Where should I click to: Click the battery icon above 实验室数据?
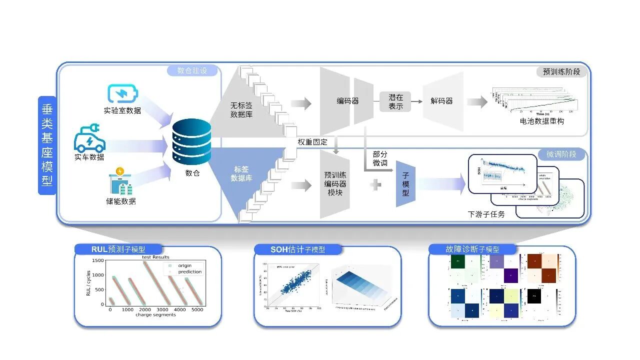pyautogui.click(x=122, y=94)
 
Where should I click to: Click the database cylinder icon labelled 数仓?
pyautogui.click(x=191, y=142)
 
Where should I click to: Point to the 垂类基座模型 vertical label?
pyautogui.click(x=47, y=145)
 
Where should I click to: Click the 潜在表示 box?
pyautogui.click(x=395, y=101)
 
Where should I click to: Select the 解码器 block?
pyautogui.click(x=442, y=101)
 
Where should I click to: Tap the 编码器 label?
pyautogui.click(x=347, y=101)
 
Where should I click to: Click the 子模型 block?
pyautogui.click(x=405, y=184)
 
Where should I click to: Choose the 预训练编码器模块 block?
pyautogui.click(x=335, y=183)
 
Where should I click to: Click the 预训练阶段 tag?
pyautogui.click(x=561, y=71)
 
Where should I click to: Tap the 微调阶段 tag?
pyautogui.click(x=561, y=154)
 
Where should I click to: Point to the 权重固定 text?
pyautogui.click(x=312, y=142)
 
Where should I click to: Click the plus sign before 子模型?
pyautogui.click(x=375, y=185)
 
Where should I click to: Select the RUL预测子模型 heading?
pyautogui.click(x=118, y=249)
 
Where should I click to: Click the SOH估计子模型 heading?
pyautogui.click(x=298, y=249)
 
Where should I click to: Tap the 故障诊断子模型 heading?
pyautogui.click(x=472, y=249)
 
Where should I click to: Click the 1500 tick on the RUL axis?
pyautogui.click(x=97, y=261)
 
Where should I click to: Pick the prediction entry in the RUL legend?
pyautogui.click(x=189, y=272)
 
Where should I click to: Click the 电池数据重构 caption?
pyautogui.click(x=541, y=121)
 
